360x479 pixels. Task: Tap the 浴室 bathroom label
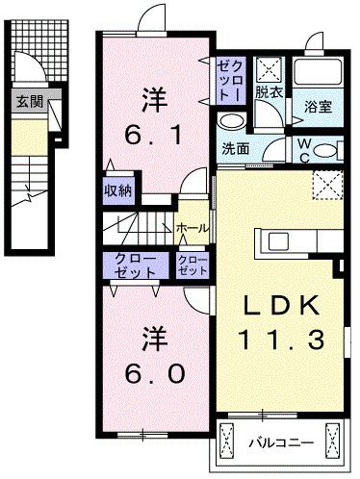coord(319,107)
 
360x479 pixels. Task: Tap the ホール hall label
coord(189,227)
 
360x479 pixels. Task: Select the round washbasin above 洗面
coord(230,121)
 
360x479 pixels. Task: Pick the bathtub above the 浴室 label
coord(318,73)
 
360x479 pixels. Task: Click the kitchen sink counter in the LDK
coord(276,239)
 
